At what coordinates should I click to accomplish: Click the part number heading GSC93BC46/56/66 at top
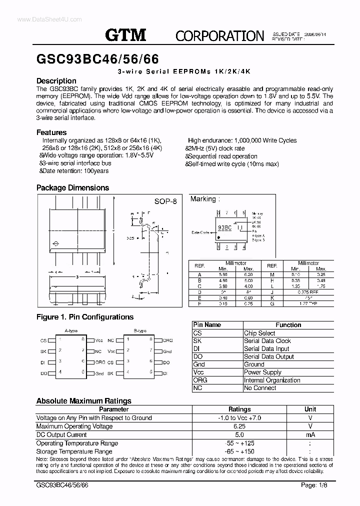point(98,59)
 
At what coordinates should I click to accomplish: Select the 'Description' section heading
point(56,81)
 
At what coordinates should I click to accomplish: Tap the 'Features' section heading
point(51,132)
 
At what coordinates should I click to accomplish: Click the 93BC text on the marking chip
point(224,227)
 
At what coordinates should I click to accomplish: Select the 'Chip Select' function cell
point(259,333)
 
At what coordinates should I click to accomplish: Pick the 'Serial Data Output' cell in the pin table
point(269,356)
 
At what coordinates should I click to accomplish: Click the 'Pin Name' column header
point(206,325)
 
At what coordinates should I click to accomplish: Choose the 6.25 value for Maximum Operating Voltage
point(239,426)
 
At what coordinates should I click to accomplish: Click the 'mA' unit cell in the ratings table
point(310,434)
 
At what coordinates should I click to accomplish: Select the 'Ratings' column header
point(239,409)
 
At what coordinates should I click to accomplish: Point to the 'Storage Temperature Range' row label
point(74,451)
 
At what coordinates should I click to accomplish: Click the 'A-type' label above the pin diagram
point(71,331)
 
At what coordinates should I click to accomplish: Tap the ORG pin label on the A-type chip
point(100,362)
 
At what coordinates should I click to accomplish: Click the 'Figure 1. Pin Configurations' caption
point(85,317)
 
